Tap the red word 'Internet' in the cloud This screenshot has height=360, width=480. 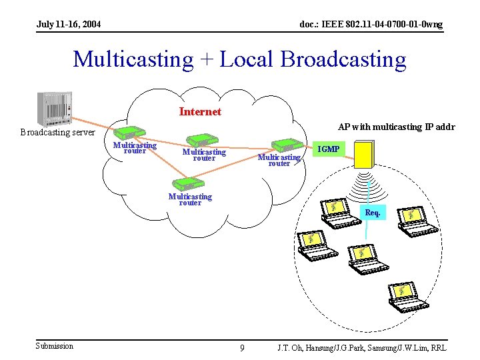(x=200, y=111)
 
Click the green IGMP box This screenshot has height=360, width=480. (x=328, y=149)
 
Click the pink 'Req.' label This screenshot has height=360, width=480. (x=373, y=213)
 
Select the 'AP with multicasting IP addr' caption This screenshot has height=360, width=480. (x=396, y=127)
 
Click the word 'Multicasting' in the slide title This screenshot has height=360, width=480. (x=133, y=59)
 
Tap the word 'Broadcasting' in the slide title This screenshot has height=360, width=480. (x=343, y=59)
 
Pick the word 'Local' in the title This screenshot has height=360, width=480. (x=247, y=59)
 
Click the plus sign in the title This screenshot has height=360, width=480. (x=206, y=60)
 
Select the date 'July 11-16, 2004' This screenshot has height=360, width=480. (x=69, y=25)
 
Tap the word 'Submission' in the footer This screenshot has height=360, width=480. (x=55, y=345)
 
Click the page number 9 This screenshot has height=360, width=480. (x=241, y=347)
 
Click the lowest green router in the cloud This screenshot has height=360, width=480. (x=185, y=183)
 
